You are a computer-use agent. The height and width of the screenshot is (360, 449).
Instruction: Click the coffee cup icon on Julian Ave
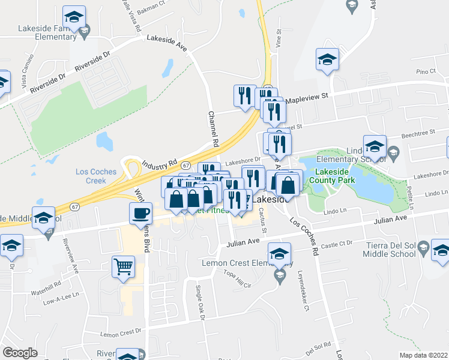(x=141, y=213)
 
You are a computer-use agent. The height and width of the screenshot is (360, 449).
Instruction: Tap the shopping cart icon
(x=124, y=265)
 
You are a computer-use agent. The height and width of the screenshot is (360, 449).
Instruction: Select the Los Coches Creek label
(x=96, y=176)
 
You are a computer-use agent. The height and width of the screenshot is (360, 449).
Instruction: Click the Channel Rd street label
(x=212, y=128)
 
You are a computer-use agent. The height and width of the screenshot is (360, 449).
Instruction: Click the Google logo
(x=20, y=353)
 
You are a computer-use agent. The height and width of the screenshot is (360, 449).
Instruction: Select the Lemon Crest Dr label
(x=121, y=331)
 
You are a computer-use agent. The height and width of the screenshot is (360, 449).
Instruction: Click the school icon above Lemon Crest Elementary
(x=279, y=254)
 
